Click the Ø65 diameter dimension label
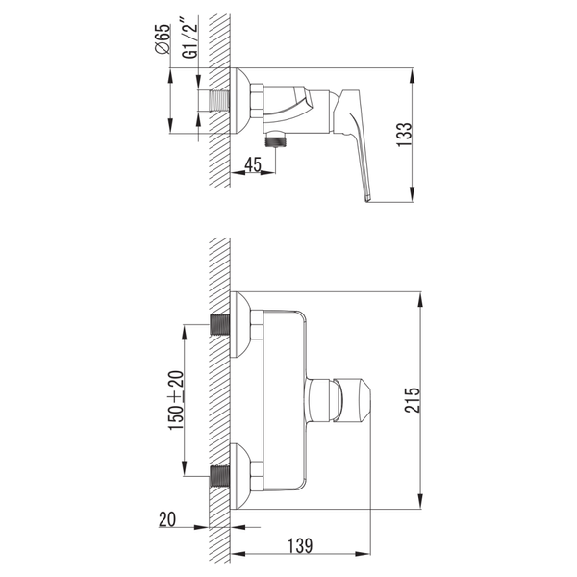point(163,39)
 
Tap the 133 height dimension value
point(404,135)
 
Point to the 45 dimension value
point(253,164)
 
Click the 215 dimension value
point(413,400)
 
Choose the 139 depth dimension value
point(300,545)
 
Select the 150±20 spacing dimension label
point(176,400)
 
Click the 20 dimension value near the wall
point(167,519)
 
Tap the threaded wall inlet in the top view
point(219,100)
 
